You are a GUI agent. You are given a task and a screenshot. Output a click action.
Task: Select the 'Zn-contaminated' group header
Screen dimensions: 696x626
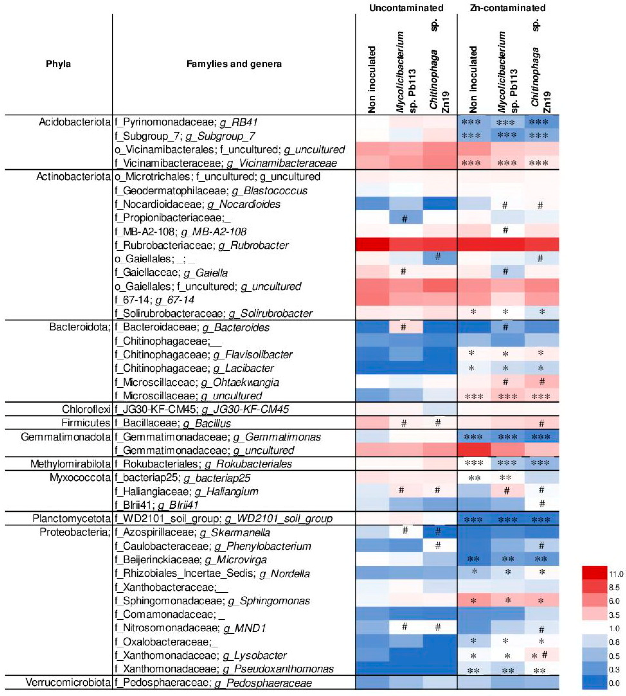point(508,8)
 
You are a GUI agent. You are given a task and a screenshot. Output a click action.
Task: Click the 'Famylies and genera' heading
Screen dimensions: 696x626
point(234,64)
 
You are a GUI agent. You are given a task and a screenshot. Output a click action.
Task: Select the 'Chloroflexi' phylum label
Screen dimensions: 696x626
point(86,409)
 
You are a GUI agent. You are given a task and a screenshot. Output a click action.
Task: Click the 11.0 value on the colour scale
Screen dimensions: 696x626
point(616,574)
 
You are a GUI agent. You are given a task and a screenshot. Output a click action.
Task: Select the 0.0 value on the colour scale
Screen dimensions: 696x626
point(614,683)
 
